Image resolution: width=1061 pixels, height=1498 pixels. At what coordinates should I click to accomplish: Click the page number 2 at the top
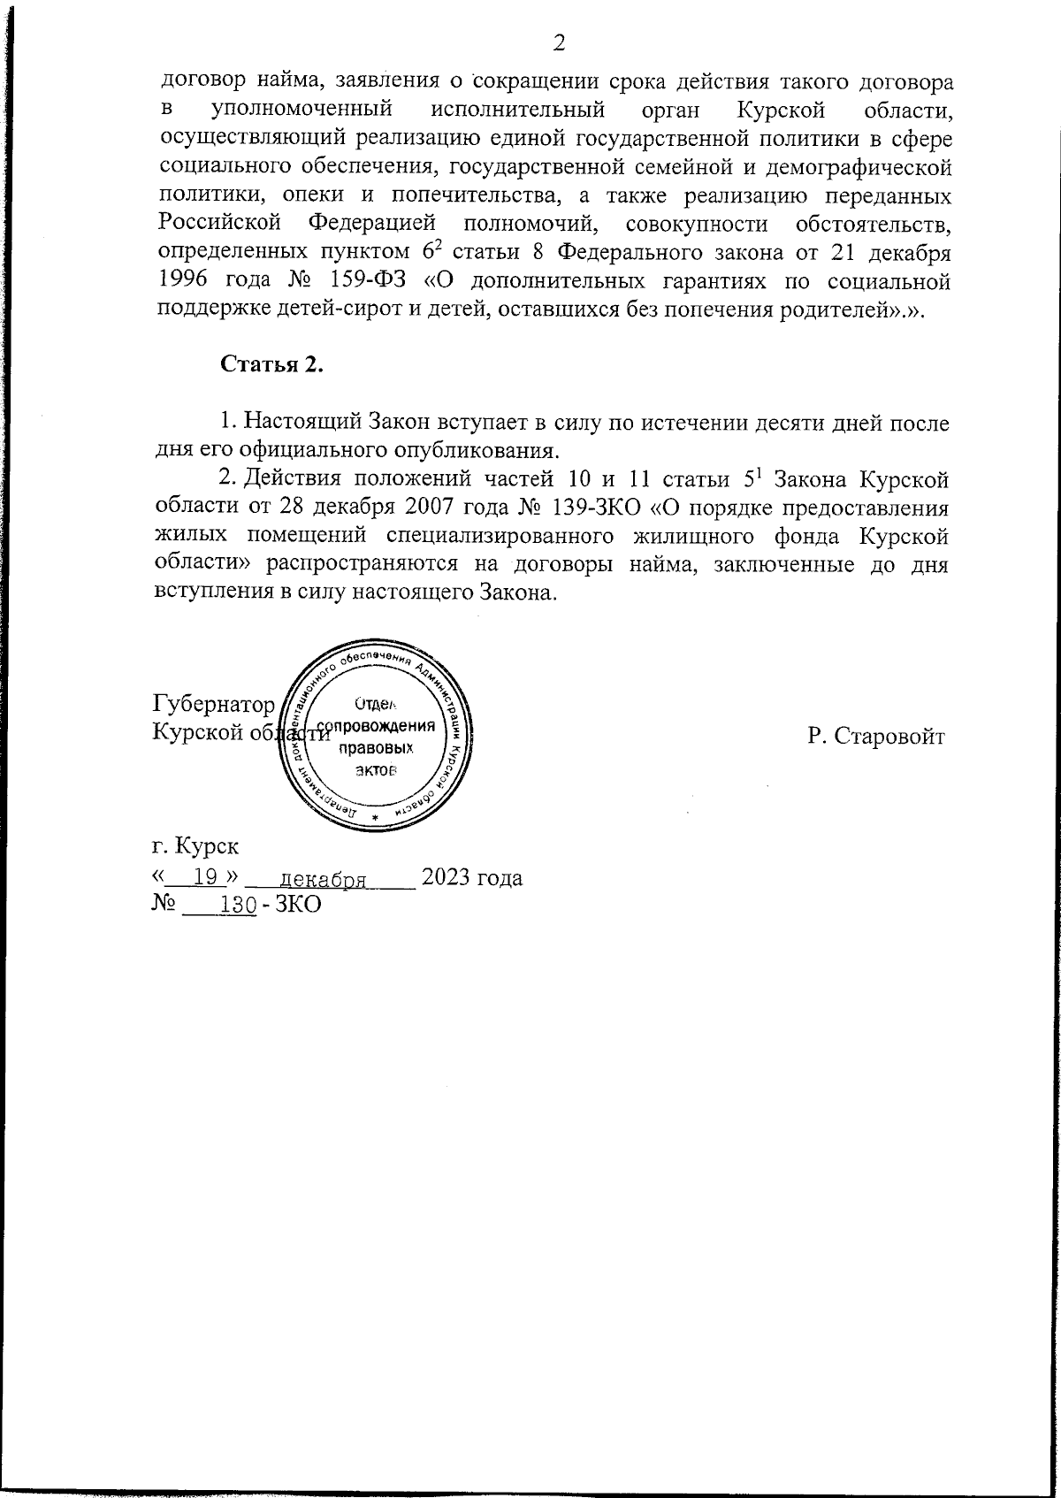(x=559, y=42)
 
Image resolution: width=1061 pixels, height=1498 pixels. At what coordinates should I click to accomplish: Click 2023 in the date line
(x=449, y=878)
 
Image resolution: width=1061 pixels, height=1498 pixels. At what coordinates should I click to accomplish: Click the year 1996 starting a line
(x=186, y=283)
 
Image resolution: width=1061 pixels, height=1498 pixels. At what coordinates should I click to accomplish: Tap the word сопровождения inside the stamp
(x=378, y=727)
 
